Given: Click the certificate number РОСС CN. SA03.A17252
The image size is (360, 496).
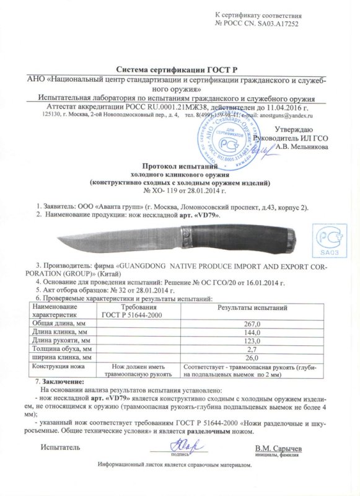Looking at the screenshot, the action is [273, 22].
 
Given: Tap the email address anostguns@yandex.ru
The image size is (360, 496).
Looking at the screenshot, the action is [284, 115].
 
